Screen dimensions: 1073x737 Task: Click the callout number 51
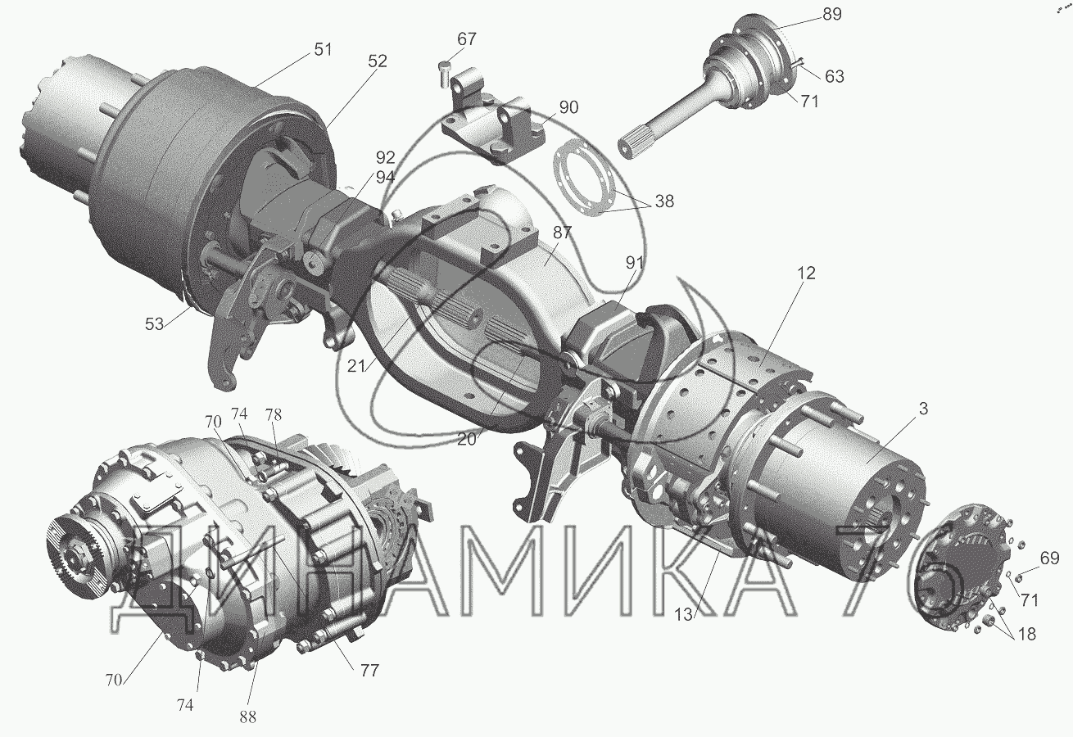323,49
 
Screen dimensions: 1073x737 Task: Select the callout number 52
378,61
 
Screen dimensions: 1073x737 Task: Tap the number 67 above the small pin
467,38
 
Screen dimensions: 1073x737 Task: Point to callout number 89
832,15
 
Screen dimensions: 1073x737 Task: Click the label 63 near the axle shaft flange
835,76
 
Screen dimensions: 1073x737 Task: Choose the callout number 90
568,107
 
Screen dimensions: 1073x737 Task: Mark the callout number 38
664,201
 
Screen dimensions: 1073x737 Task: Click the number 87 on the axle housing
562,233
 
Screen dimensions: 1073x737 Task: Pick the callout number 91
634,263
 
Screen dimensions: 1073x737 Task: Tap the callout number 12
806,274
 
